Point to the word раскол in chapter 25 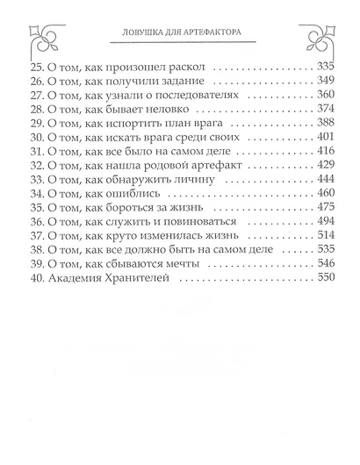click(x=186, y=66)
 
